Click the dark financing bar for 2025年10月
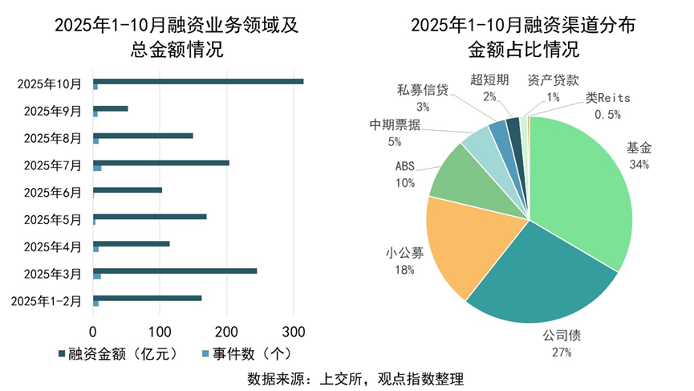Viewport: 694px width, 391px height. coord(198,81)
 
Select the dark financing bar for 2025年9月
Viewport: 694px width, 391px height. coord(111,108)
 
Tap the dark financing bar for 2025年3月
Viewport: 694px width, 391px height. coord(175,271)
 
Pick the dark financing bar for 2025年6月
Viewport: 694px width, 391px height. coord(128,189)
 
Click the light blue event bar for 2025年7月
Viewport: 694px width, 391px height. coord(97,168)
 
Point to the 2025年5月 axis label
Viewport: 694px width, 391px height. coord(52,219)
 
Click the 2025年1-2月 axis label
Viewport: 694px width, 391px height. coord(47,301)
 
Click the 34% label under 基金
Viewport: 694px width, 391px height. coord(639,165)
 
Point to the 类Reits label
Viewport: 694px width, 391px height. coord(607,98)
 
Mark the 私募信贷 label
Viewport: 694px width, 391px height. coord(423,90)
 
